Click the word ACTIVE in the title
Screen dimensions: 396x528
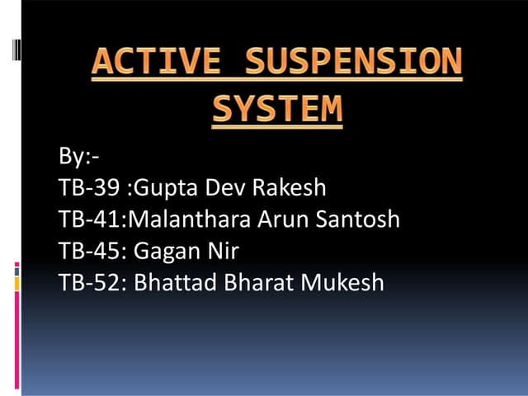pyautogui.click(x=157, y=63)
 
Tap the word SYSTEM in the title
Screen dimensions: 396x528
pyautogui.click(x=277, y=109)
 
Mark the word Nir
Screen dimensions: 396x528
pyautogui.click(x=222, y=251)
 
